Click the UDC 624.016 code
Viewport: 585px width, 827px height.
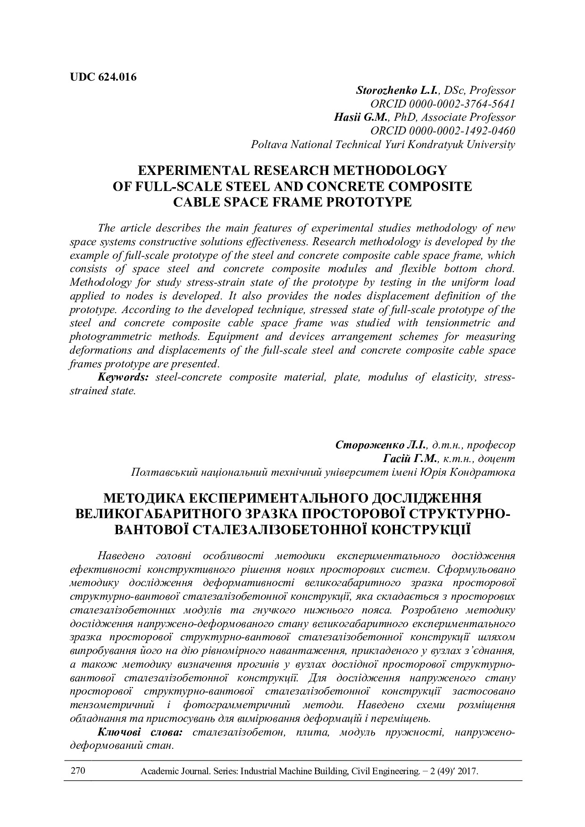click(103, 77)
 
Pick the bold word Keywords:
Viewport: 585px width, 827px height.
click(124, 378)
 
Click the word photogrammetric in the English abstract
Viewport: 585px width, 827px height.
click(110, 337)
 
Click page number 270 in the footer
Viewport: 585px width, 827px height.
click(77, 771)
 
